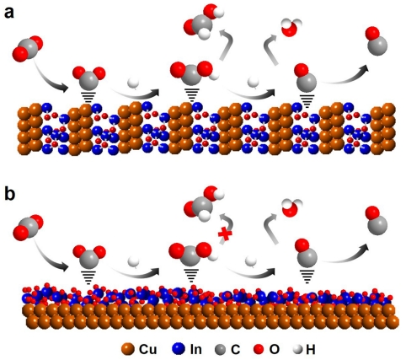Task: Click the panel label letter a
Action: (8, 13)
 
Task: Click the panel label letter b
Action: (9, 194)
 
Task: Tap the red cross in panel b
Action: (225, 234)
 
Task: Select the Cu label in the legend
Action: (147, 349)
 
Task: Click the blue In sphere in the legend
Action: (178, 349)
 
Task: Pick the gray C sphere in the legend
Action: (220, 350)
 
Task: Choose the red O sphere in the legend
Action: (259, 350)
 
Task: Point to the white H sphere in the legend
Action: (298, 350)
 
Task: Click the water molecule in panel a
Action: (291, 28)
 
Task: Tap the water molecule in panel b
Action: (291, 208)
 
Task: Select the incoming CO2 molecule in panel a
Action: (28, 48)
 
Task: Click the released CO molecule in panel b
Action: (377, 221)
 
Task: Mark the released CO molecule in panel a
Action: (377, 41)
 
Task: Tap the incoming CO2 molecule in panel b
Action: (28, 228)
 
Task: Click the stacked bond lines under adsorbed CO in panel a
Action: (307, 101)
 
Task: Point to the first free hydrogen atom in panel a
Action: (133, 83)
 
